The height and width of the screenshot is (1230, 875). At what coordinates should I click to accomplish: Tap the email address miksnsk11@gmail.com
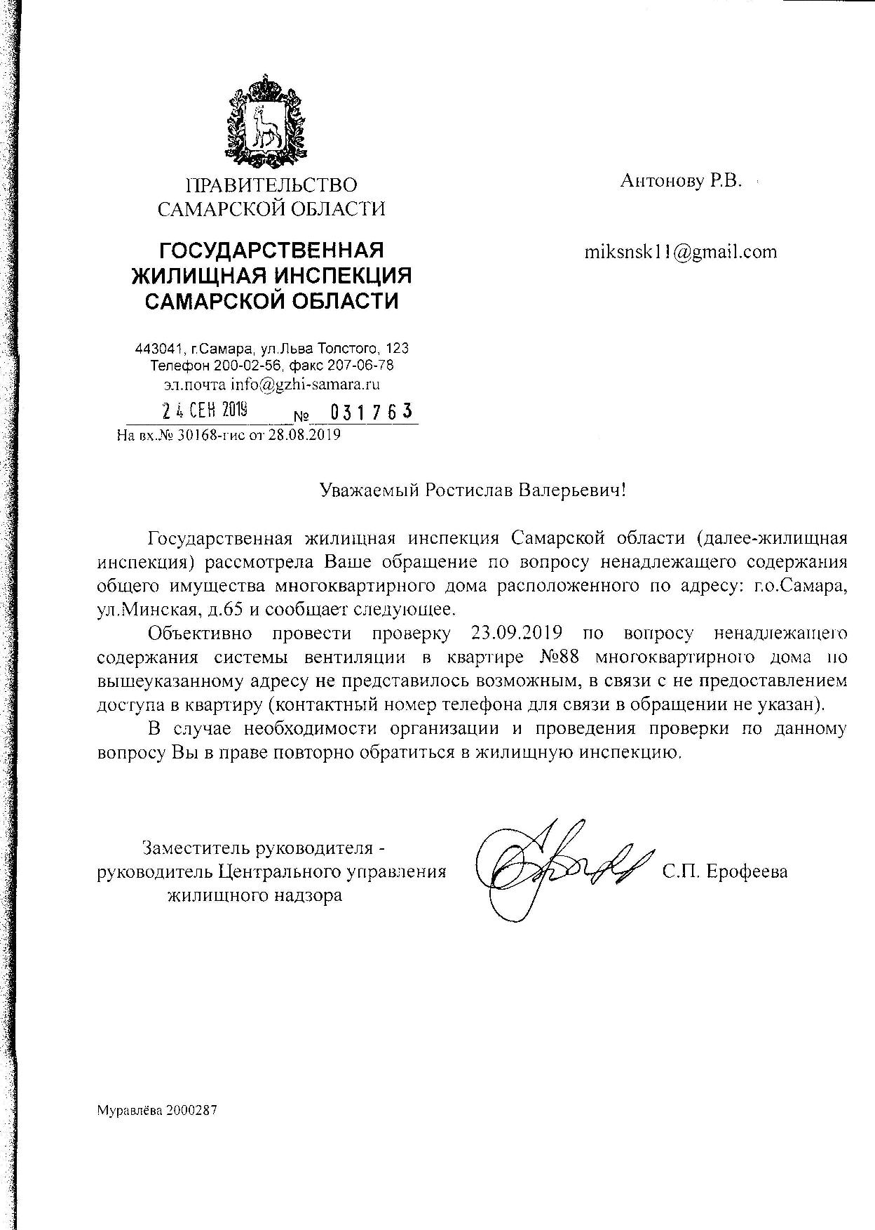coord(680,252)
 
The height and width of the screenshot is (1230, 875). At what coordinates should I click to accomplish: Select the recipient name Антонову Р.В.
coord(680,181)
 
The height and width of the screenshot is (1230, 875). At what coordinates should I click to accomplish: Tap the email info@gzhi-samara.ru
coord(308,384)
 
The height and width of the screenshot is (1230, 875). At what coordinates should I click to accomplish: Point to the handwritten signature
coord(554,870)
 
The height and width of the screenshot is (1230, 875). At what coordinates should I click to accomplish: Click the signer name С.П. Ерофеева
coord(724,871)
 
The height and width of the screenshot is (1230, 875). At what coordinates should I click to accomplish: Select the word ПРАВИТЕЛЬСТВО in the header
coord(271,185)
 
